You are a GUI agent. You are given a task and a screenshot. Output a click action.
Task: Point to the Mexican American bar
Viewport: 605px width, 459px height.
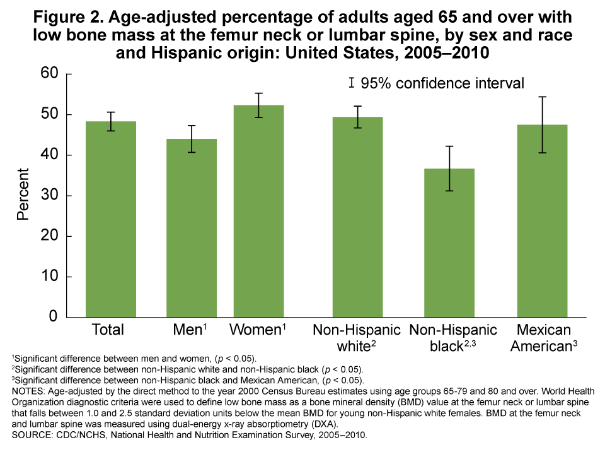coord(542,221)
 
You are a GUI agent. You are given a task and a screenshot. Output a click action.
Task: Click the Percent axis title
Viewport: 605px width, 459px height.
coord(23,194)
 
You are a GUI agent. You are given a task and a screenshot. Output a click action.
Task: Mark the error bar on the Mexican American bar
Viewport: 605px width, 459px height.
coord(542,124)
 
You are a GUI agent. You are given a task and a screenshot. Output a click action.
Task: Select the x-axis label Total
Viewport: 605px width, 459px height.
coord(108,330)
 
